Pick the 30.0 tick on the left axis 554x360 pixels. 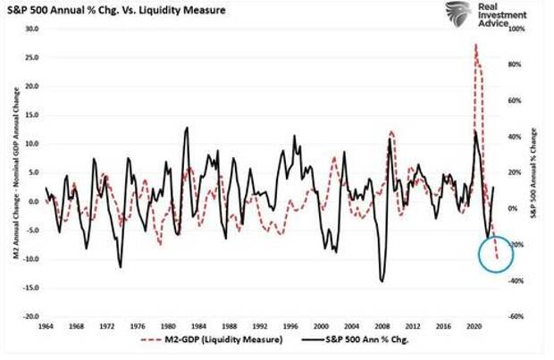pyautogui.click(x=32, y=29)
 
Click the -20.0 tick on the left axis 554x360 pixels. pyautogui.click(x=30, y=316)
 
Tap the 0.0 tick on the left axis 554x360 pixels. pyautogui.click(x=34, y=201)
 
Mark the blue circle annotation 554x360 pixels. pyautogui.click(x=490, y=249)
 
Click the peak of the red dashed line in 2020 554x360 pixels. pyautogui.click(x=475, y=44)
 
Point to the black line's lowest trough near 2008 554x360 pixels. pyautogui.click(x=382, y=281)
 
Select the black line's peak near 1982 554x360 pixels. pyautogui.click(x=187, y=127)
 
